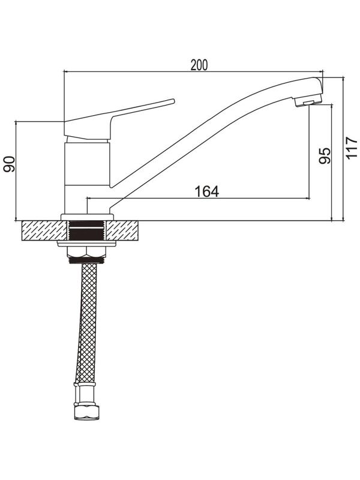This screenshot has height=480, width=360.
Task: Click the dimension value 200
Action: tap(199, 65)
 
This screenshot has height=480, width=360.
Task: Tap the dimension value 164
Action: tap(207, 191)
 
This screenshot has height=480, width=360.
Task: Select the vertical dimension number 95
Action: tap(325, 156)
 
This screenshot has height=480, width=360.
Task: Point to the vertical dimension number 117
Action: tap(352, 148)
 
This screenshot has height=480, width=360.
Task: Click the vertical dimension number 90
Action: tap(9, 164)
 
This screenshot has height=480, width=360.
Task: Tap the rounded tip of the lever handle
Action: tap(173, 101)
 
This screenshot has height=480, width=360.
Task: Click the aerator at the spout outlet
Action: tap(307, 102)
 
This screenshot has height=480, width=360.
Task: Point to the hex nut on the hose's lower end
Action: tap(86, 412)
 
